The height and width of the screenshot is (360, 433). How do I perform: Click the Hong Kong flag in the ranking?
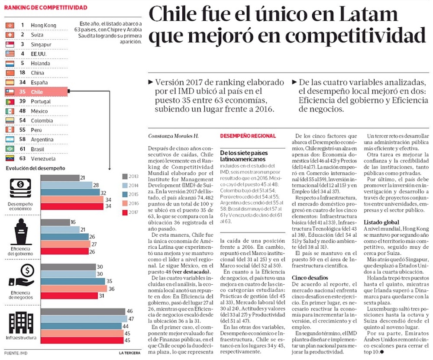click(10, 26)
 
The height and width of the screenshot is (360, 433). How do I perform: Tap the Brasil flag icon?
click(10, 149)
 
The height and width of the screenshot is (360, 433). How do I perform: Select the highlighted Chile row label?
click(37, 92)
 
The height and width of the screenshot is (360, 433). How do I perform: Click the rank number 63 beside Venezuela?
click(23, 159)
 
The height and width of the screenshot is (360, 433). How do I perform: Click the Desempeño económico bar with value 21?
click(60, 178)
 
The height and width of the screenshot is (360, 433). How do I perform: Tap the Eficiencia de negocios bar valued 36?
click(74, 289)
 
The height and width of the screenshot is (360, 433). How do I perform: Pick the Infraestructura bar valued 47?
click(83, 318)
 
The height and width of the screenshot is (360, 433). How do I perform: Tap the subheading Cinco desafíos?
click(309, 277)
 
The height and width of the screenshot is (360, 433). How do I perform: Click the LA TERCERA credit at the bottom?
click(129, 354)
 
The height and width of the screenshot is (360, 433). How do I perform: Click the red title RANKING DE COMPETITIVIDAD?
click(45, 7)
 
